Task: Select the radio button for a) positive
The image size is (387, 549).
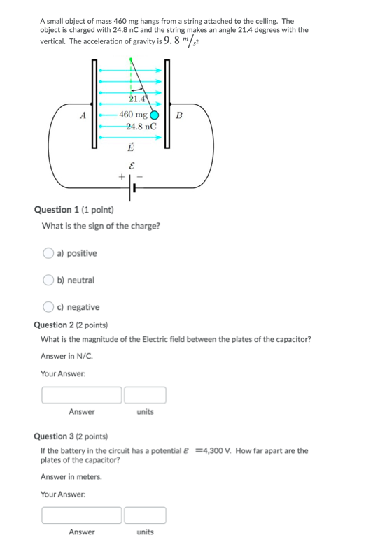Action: (48, 252)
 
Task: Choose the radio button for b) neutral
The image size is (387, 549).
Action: (48, 280)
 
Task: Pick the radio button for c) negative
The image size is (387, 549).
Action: (48, 307)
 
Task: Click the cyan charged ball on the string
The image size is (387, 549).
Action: (154, 115)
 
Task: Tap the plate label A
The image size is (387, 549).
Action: (83, 115)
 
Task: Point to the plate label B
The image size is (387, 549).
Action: (179, 115)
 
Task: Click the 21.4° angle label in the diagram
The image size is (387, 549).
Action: (138, 99)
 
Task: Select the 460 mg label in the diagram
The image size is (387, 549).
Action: (133, 115)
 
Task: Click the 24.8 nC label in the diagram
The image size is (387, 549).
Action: (141, 127)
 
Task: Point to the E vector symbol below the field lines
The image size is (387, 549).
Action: (131, 147)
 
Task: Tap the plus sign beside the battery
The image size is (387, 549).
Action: (122, 176)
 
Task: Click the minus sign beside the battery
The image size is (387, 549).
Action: (139, 177)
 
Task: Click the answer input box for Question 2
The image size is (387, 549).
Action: (82, 395)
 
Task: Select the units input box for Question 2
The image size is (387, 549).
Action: (145, 395)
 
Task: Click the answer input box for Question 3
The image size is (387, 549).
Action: (82, 515)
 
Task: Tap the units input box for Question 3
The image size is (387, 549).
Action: (145, 515)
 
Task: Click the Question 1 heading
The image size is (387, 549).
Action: (57, 210)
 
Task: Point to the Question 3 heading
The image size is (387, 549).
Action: (54, 436)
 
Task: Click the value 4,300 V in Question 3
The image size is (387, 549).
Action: (215, 450)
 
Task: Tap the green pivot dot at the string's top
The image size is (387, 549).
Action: (131, 59)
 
